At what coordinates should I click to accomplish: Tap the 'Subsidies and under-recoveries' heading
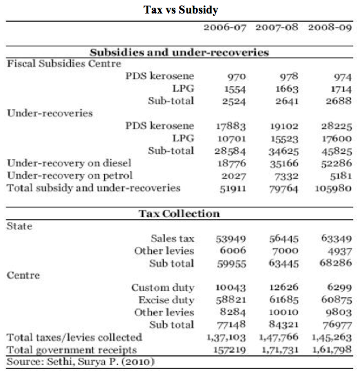179,52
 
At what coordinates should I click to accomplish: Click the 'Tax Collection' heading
179,214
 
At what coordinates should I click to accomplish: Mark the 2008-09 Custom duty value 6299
332,288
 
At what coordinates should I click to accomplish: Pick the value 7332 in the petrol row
282,175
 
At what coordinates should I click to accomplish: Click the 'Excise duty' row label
166,300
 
